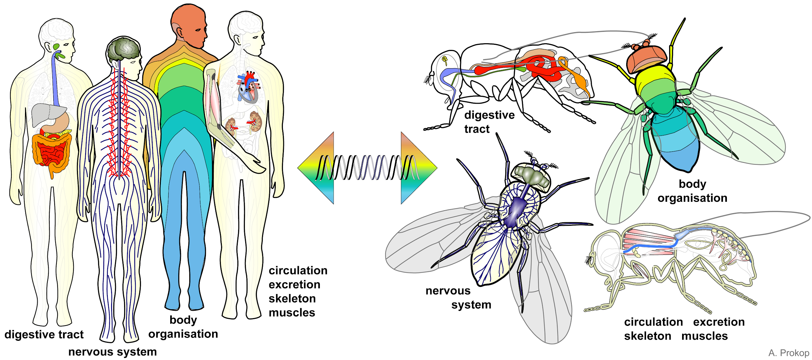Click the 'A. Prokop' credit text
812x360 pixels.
pos(789,353)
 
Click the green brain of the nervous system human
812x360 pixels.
pos(124,50)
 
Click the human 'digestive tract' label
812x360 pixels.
pos(44,334)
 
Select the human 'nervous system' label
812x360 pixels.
pos(112,352)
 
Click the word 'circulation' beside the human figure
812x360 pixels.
pos(298,270)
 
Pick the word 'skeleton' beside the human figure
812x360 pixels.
pos(292,299)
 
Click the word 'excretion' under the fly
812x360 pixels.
pos(719,322)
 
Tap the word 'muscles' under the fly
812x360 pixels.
pos(704,336)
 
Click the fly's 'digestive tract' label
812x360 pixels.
pos(489,122)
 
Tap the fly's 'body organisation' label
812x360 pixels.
pos(692,191)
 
